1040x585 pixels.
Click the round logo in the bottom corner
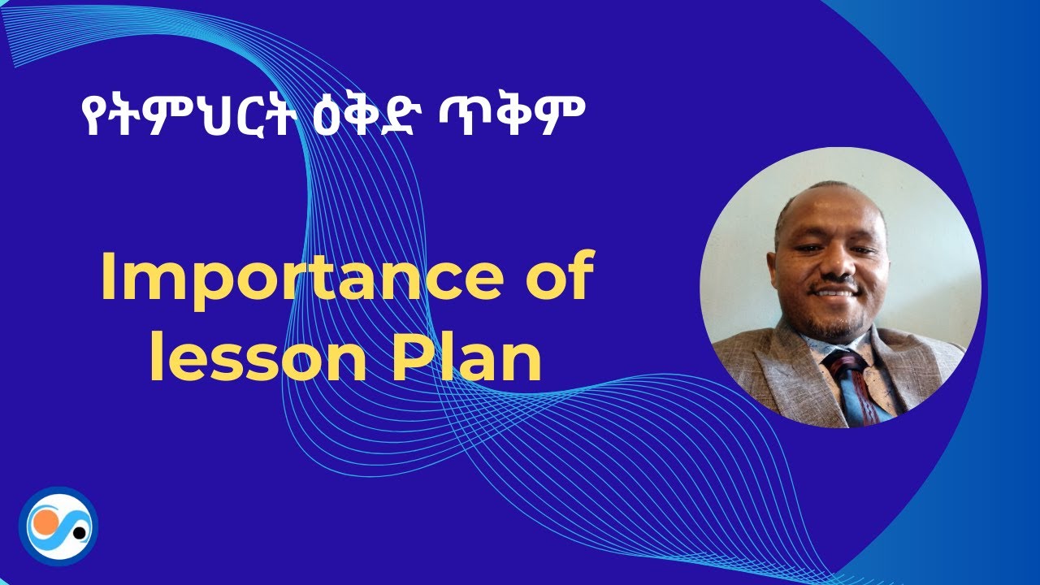pyautogui.click(x=58, y=526)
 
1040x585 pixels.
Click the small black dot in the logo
pyautogui.click(x=79, y=533)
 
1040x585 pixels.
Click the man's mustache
pyautogui.click(x=834, y=282)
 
